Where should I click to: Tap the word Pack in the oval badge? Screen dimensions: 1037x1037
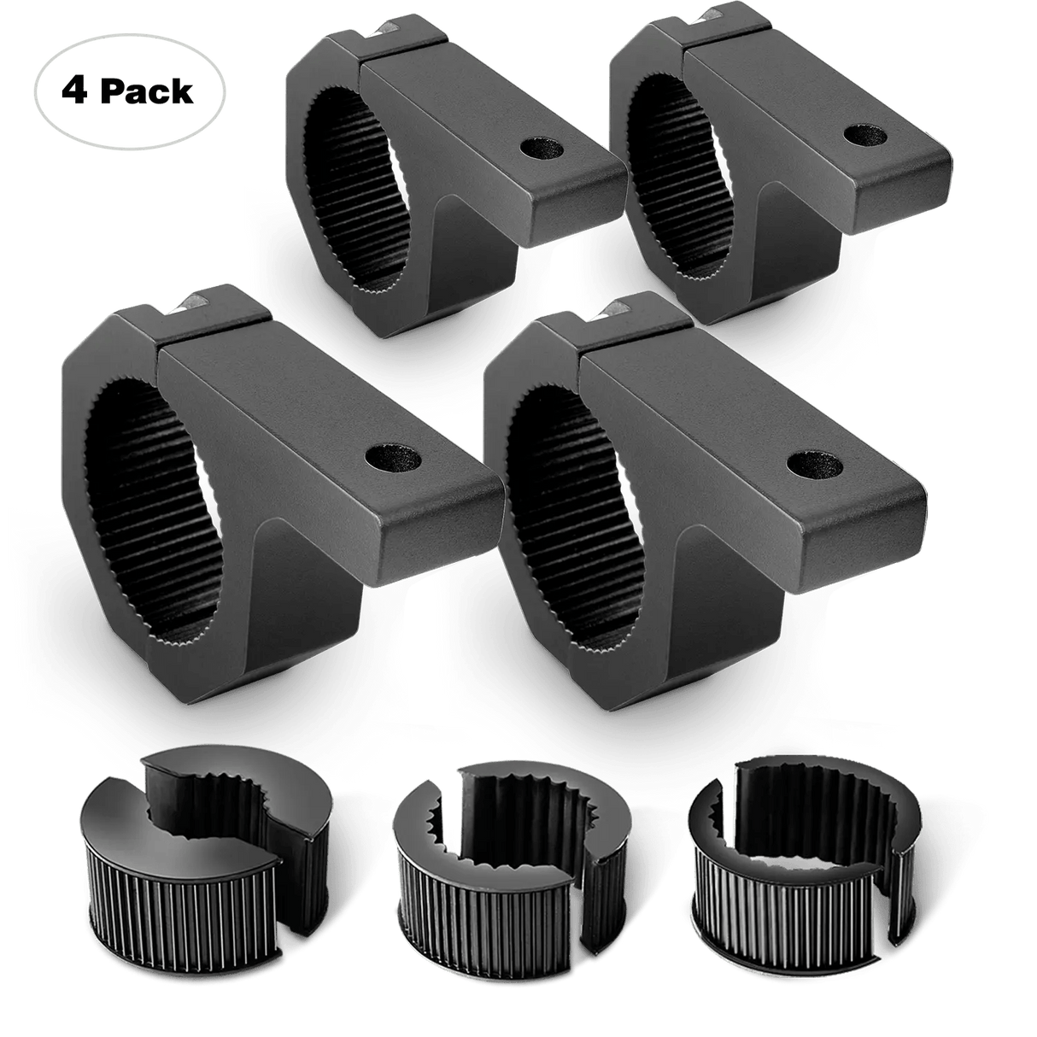(149, 91)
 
